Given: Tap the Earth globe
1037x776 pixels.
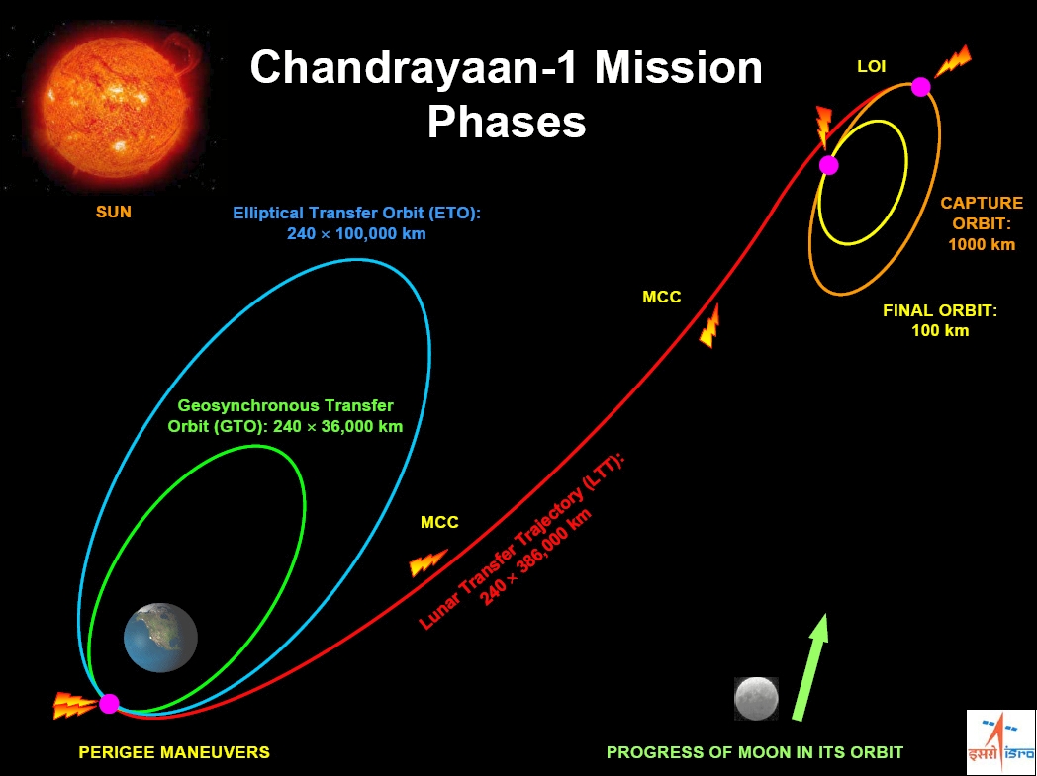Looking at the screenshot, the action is [160, 638].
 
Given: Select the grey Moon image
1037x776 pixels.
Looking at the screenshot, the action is [757, 698].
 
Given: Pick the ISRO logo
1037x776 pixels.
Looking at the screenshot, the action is [1000, 741].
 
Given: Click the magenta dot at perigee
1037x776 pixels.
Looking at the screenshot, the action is [109, 704].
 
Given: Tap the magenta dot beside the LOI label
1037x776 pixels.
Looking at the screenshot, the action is [920, 87].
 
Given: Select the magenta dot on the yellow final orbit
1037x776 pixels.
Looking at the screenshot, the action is [828, 165].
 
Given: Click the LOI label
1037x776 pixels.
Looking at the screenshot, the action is [871, 66].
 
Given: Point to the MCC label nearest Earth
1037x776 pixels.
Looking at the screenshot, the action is [439, 522].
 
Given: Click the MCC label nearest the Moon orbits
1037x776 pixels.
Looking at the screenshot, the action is [661, 298].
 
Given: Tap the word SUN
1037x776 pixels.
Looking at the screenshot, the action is [114, 212].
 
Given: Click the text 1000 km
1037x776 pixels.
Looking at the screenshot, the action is [982, 244].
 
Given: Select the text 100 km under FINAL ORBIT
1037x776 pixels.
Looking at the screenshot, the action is [940, 331].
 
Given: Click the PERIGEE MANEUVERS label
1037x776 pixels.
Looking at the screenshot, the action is [174, 752].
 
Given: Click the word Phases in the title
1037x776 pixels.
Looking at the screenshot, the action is [507, 123].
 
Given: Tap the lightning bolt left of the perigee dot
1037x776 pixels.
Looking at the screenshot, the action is [75, 705].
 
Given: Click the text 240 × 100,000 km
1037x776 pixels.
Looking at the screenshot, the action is [356, 234].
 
